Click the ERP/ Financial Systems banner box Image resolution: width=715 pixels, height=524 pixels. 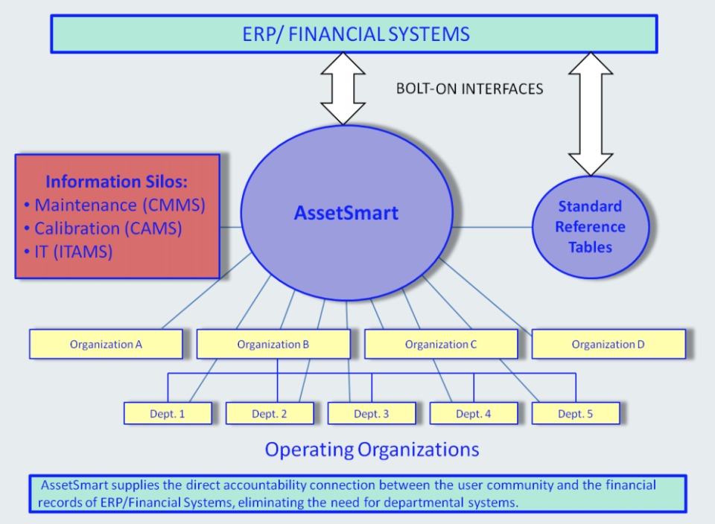click(x=354, y=34)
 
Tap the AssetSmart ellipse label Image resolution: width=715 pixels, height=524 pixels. click(x=346, y=213)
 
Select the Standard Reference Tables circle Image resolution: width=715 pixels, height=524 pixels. click(x=590, y=226)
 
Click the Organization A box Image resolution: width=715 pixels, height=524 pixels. click(x=106, y=344)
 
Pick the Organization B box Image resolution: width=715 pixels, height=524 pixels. click(x=273, y=344)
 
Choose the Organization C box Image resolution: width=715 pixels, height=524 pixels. click(x=441, y=344)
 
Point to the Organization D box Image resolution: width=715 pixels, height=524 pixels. click(x=608, y=344)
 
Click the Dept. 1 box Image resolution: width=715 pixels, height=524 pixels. click(x=167, y=414)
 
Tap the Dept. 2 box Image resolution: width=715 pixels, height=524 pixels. click(x=269, y=414)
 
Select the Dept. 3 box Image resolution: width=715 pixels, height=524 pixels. click(x=371, y=414)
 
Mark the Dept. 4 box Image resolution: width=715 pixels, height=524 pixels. click(x=473, y=414)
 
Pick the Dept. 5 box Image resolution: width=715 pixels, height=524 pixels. click(x=575, y=414)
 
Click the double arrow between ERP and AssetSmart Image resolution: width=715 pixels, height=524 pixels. click(x=343, y=88)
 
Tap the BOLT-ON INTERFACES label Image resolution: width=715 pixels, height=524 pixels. click(x=469, y=89)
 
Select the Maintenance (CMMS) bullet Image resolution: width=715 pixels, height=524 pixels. click(x=119, y=204)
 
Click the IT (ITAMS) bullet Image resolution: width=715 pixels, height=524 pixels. click(x=73, y=252)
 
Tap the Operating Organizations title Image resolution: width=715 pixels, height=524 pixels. click(x=372, y=450)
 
